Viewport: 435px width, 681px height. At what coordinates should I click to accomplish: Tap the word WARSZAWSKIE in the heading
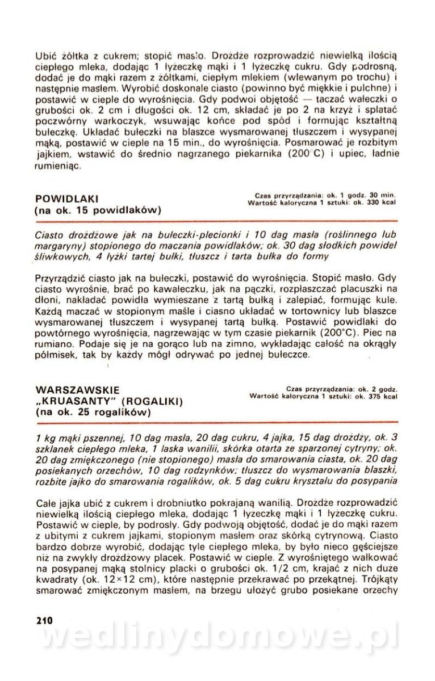pyautogui.click(x=77, y=390)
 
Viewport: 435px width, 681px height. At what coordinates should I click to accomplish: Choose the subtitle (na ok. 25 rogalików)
pyautogui.click(x=93, y=413)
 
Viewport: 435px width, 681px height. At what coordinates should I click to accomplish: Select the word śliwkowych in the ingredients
pyautogui.click(x=58, y=256)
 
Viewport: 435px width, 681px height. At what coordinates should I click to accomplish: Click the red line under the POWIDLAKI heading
pyautogui.click(x=216, y=220)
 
